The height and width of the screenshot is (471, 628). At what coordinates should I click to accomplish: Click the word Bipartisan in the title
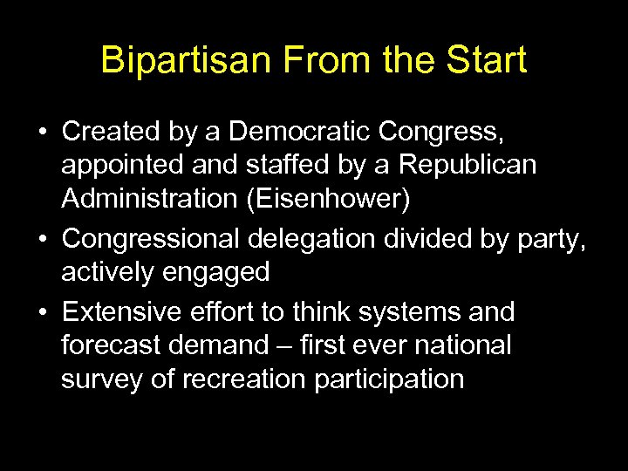(173, 60)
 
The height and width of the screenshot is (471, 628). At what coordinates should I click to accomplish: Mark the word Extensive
(126, 311)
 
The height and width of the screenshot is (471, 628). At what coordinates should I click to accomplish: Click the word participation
(386, 380)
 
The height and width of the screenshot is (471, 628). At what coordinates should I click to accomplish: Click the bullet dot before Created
(42, 133)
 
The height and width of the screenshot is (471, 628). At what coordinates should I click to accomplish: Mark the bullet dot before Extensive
(42, 312)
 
